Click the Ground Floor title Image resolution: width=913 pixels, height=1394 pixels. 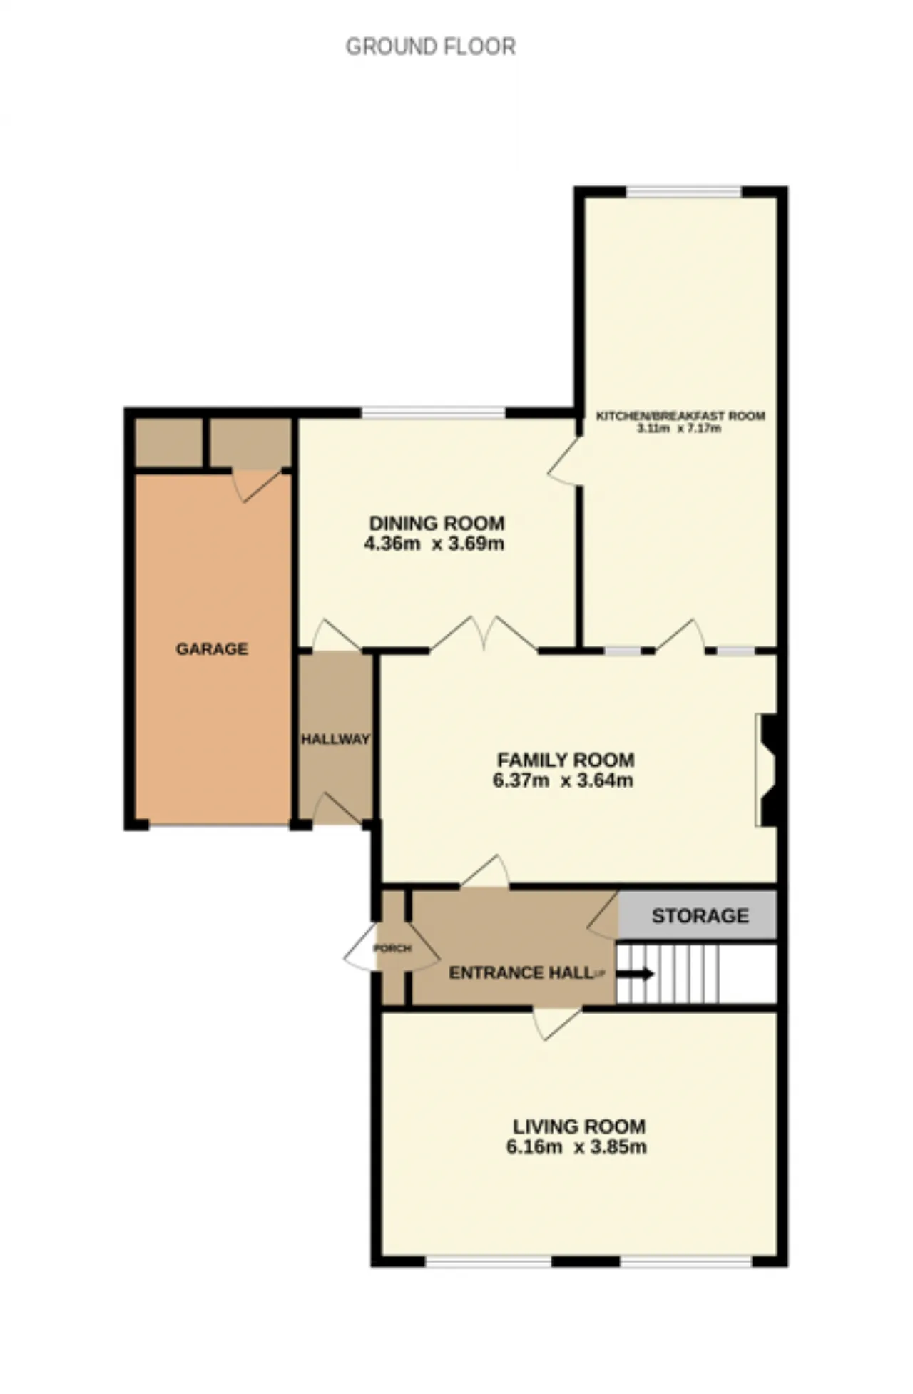pos(430,46)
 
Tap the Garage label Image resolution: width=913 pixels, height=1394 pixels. pos(212,648)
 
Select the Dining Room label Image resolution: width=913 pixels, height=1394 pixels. pos(437,523)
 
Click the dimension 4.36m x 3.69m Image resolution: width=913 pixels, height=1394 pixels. pos(434,544)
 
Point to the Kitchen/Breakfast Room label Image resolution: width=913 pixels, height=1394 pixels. pos(680,416)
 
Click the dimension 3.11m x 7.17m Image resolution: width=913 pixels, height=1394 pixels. pos(679,428)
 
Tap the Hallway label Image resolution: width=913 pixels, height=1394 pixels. pos(335,739)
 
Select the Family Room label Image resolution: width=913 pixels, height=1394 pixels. pos(566,760)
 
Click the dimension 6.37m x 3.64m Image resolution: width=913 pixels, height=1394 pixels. pos(563,780)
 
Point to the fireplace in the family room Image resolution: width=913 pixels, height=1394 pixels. pos(767,770)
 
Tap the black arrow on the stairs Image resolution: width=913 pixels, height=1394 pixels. pos(634,974)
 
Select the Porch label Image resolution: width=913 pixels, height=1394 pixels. pos(392,948)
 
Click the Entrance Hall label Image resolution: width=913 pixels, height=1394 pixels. pos(521,972)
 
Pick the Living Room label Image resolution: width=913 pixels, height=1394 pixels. pos(579,1126)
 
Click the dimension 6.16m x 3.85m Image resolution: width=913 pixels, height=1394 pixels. pos(576,1147)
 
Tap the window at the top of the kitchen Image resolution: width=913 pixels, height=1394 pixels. pos(683,191)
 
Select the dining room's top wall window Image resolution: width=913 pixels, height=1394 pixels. pos(433,412)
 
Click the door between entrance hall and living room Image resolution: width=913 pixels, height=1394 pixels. pos(557,1022)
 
